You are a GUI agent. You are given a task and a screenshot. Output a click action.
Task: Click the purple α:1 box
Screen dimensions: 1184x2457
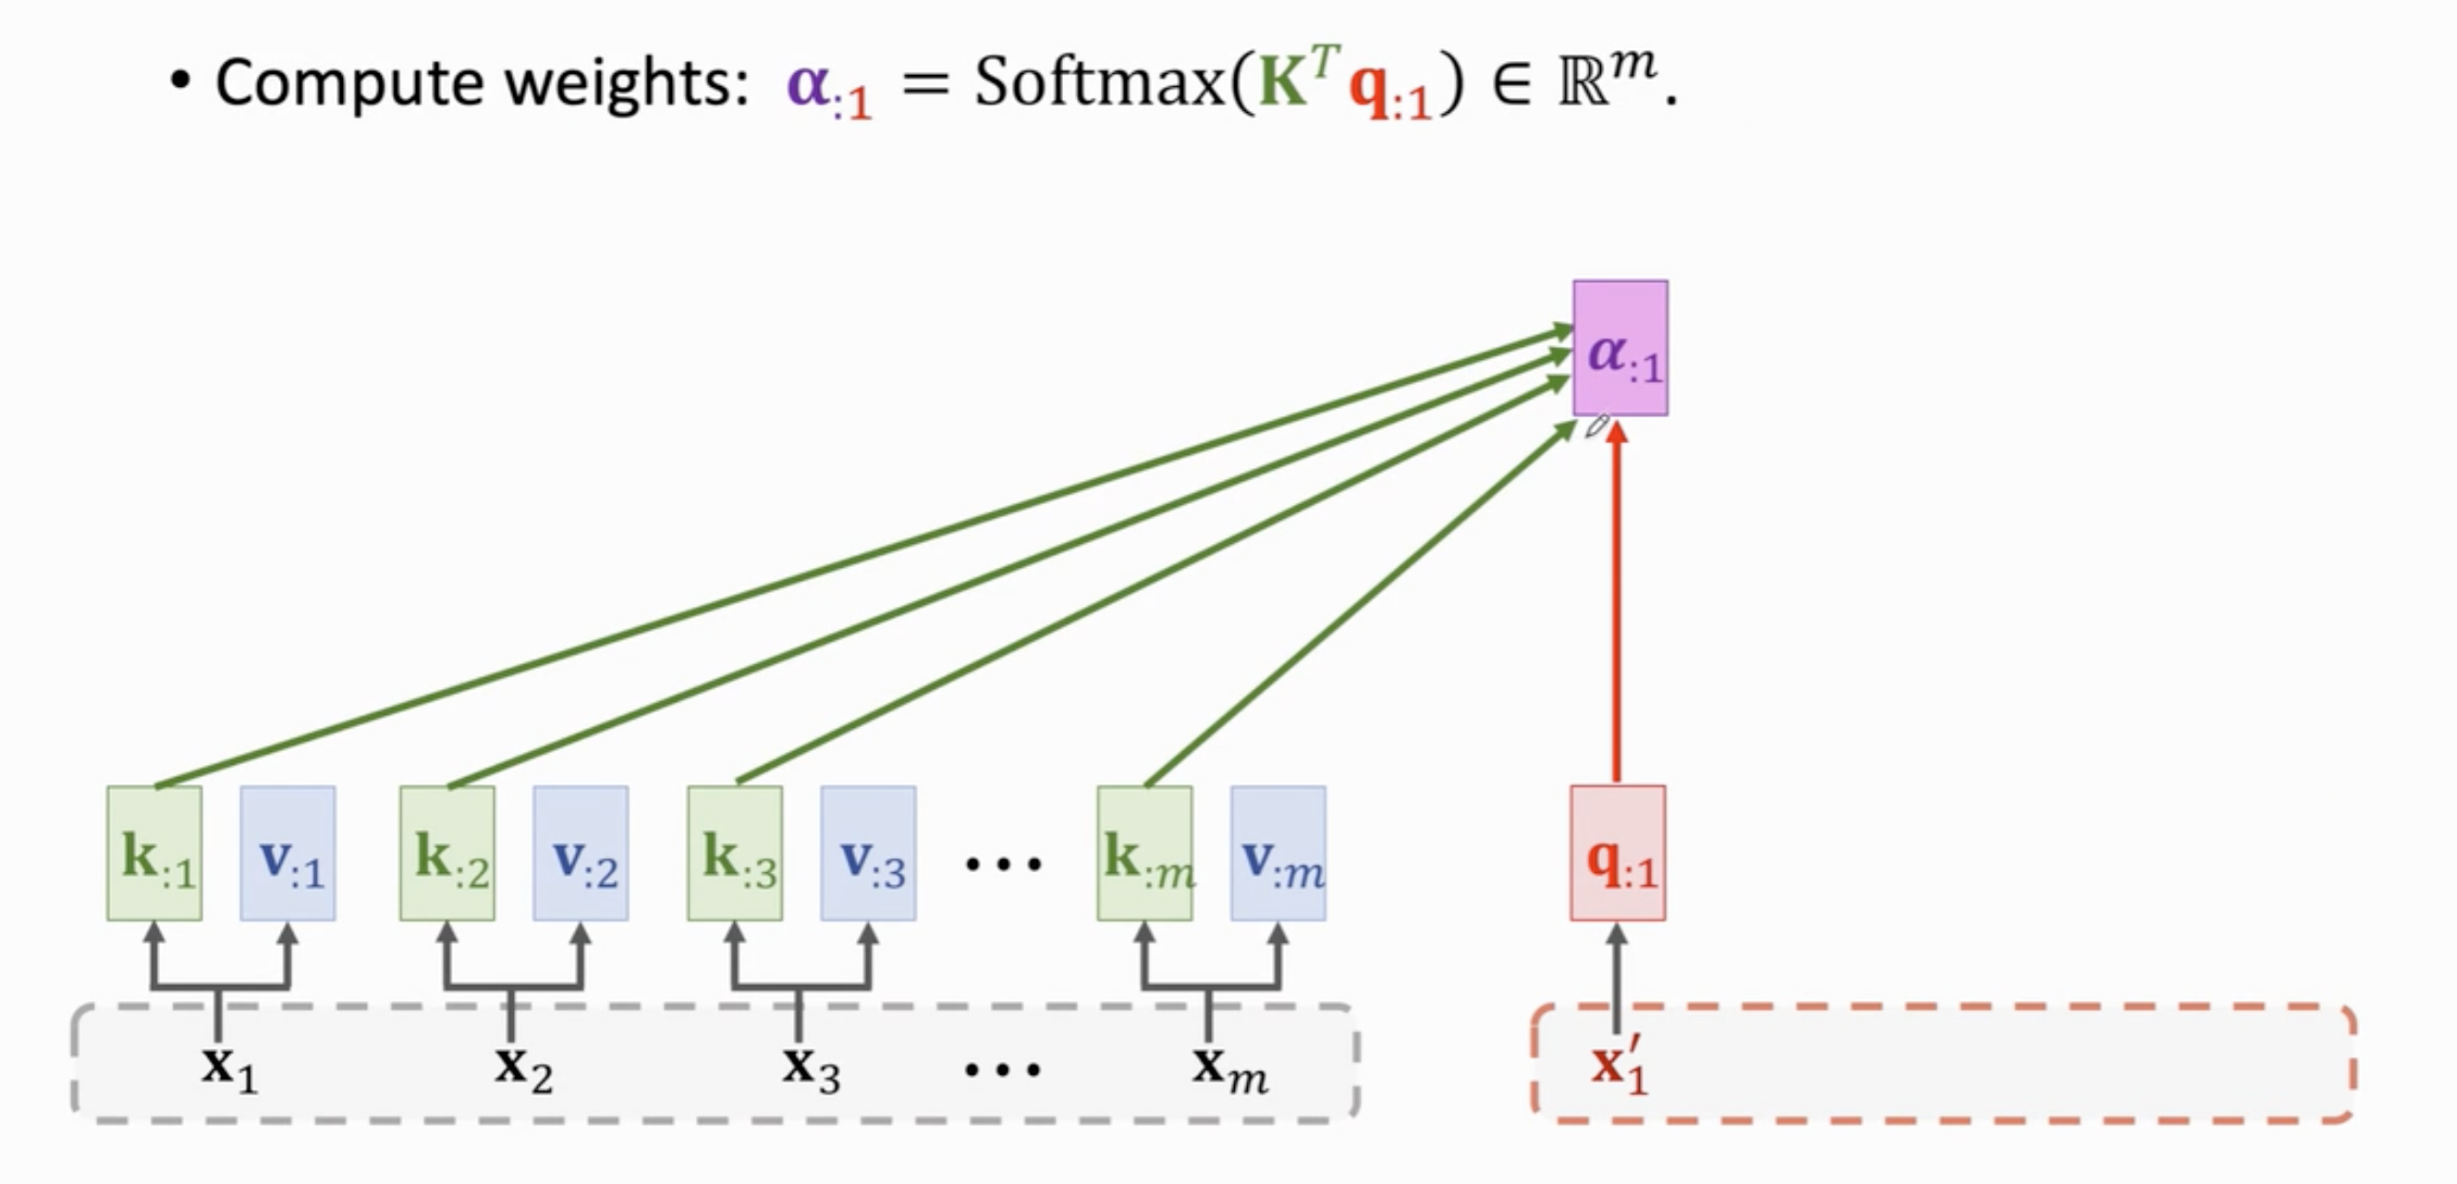click(1620, 348)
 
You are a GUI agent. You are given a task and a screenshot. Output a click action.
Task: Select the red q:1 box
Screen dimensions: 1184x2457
click(1618, 853)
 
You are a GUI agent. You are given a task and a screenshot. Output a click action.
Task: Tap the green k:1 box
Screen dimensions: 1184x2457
click(154, 853)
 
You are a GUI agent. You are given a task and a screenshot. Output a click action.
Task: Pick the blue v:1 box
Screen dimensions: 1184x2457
click(287, 853)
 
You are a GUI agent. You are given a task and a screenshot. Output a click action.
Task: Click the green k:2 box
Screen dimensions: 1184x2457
click(446, 853)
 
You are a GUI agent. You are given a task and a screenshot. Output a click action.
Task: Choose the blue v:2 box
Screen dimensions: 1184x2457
click(580, 853)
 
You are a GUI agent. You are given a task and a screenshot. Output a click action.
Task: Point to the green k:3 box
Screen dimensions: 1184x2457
click(735, 853)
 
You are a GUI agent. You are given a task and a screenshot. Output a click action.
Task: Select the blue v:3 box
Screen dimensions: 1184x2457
click(868, 853)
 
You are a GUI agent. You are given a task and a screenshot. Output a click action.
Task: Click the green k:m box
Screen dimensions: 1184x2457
click(1143, 853)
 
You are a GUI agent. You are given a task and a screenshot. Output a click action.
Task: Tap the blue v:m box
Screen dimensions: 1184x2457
click(1277, 853)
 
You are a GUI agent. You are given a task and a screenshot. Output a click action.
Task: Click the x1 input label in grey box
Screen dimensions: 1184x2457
click(229, 1067)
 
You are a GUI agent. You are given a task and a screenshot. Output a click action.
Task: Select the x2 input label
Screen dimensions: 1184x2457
click(522, 1067)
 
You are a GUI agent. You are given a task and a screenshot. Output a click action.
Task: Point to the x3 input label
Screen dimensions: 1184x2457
click(811, 1067)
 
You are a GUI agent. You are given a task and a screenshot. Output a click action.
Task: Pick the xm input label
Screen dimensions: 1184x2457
click(1228, 1067)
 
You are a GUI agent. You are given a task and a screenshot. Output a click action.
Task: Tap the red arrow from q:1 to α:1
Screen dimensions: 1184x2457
click(1616, 610)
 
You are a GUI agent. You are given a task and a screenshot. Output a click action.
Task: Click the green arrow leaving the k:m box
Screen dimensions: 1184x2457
click(1354, 610)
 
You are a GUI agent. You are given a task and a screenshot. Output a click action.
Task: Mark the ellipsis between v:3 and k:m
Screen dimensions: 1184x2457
click(1002, 864)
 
